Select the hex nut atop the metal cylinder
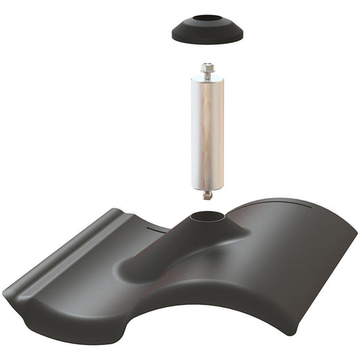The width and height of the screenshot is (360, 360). (207, 68)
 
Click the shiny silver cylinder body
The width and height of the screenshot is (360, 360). (207, 132)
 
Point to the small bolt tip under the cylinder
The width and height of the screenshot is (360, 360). (208, 196)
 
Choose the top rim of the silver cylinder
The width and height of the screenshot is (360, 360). (207, 80)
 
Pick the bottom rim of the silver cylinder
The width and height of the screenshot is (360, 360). (207, 187)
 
